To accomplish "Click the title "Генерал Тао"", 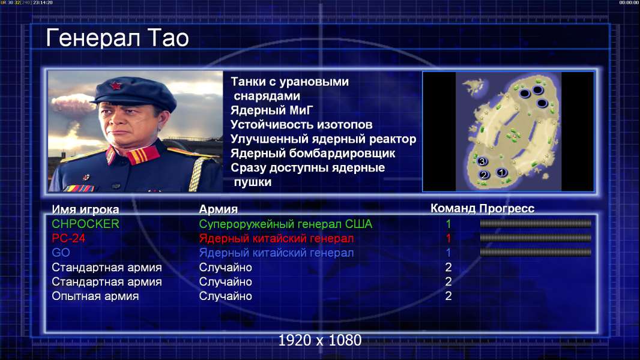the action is [x=117, y=38].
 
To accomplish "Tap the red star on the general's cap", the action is [x=116, y=85].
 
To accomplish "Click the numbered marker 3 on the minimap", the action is [x=482, y=161].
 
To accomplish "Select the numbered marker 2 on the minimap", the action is [x=484, y=175].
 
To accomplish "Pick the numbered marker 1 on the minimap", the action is [x=502, y=172].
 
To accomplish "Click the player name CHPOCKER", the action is [x=85, y=224].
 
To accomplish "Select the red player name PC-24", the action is [x=68, y=238].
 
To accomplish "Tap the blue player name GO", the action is [x=61, y=253].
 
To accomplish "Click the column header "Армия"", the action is [x=219, y=209].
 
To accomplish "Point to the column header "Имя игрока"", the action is [x=85, y=209].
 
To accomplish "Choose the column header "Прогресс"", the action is [x=507, y=208].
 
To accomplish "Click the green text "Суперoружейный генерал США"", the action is [x=286, y=224].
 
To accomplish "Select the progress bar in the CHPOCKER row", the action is [x=536, y=223].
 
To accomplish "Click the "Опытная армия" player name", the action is [x=95, y=296].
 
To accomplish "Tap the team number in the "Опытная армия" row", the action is [x=448, y=296].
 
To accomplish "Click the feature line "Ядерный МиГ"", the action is [x=272, y=110].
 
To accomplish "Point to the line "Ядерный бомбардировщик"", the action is [x=313, y=153].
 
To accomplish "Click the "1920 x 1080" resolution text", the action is [x=320, y=340].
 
